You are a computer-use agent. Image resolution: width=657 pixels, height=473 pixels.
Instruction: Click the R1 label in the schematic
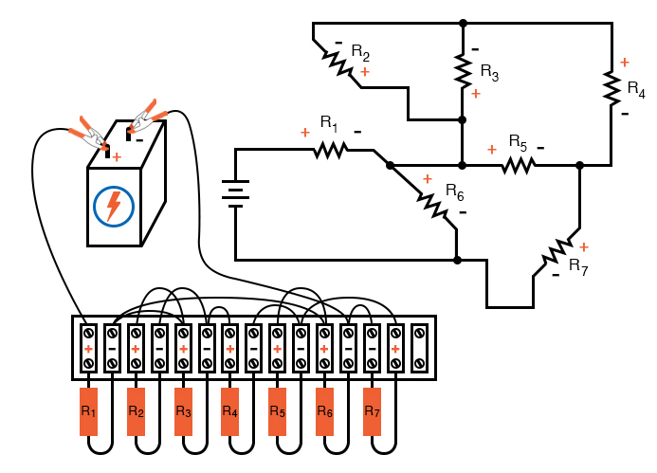[328, 123]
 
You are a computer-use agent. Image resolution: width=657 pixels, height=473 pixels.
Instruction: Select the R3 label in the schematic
[489, 71]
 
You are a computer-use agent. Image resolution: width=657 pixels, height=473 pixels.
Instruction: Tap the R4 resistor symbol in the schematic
[610, 85]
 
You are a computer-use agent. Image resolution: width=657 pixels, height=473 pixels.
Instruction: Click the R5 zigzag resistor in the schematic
[518, 165]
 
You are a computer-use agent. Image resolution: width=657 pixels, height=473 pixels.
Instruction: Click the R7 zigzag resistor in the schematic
[558, 252]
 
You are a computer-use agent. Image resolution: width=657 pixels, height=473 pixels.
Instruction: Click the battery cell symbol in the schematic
[235, 192]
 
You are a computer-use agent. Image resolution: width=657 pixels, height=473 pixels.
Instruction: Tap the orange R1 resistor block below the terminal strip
[88, 412]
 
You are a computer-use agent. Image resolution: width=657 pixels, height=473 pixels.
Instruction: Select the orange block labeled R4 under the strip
[230, 412]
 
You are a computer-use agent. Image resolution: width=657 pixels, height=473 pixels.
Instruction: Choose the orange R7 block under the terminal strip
[372, 412]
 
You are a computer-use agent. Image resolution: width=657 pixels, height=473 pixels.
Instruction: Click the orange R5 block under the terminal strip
[278, 412]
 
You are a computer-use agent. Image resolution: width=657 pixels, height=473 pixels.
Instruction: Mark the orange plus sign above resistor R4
[625, 63]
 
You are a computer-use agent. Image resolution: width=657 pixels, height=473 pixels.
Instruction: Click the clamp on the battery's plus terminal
[91, 132]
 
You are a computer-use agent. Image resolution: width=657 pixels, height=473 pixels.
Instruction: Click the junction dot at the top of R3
[463, 23]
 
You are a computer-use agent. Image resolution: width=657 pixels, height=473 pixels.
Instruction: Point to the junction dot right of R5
[579, 165]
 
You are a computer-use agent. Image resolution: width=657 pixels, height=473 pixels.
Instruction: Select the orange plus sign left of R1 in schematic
[304, 133]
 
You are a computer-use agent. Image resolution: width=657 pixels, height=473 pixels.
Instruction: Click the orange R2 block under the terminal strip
[136, 412]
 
